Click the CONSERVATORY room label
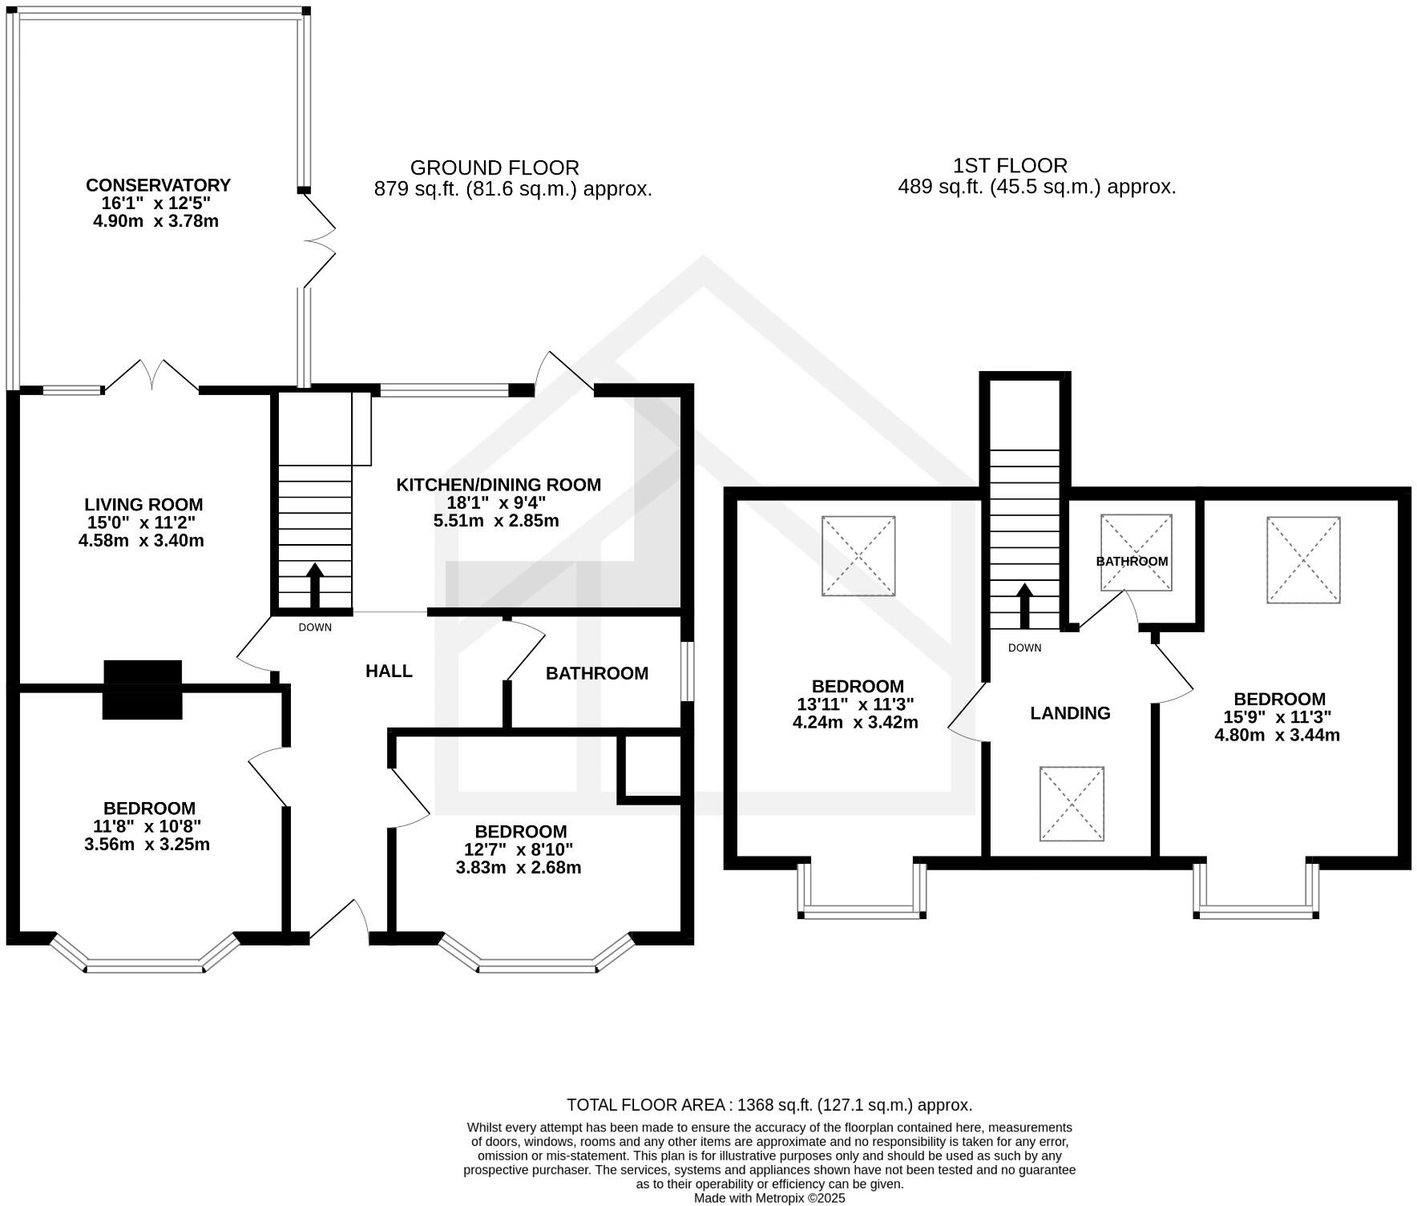[158, 185]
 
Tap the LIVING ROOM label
[143, 505]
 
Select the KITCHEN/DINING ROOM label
[499, 485]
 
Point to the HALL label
[389, 672]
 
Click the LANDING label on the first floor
[1070, 713]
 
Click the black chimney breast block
[143, 689]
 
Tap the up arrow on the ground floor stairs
[314, 585]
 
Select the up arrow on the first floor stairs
[1023, 605]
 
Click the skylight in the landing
[1072, 804]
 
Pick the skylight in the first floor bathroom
[1136, 553]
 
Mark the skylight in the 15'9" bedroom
[1303, 559]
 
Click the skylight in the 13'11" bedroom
[858, 555]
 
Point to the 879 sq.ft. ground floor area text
[513, 190]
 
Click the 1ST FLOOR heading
[1010, 166]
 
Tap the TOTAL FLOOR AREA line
[769, 1105]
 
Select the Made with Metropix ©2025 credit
[769, 1199]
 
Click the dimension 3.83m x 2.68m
[519, 868]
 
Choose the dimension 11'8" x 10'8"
[147, 826]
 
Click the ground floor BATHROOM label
[597, 674]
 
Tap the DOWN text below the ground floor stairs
[314, 627]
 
